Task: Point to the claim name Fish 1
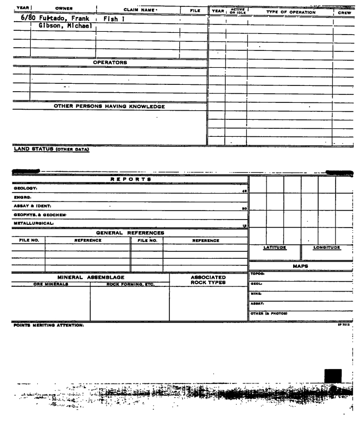pyautogui.click(x=114, y=19)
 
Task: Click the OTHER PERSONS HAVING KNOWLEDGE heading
pyautogui.click(x=109, y=106)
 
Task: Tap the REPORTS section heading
pyautogui.click(x=130, y=180)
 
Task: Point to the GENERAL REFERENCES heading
pyautogui.click(x=130, y=232)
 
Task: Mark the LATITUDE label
pyautogui.click(x=275, y=247)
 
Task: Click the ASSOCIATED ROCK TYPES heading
pyautogui.click(x=208, y=279)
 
